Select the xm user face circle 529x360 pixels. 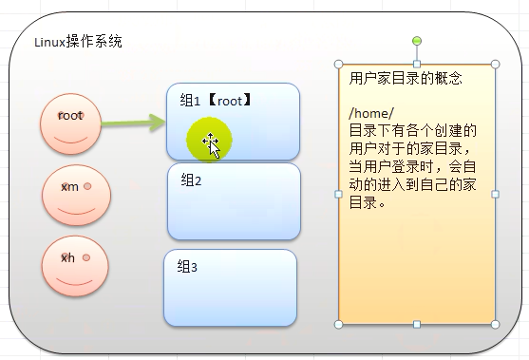(76, 195)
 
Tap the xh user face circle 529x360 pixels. (75, 266)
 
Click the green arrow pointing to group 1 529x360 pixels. (132, 123)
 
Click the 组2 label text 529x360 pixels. (192, 180)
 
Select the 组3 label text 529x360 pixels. (187, 267)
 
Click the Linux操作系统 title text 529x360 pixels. (78, 43)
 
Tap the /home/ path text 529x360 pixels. (370, 113)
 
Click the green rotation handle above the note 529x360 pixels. (417, 41)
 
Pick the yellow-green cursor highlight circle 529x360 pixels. (210, 142)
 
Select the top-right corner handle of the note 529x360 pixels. (494, 65)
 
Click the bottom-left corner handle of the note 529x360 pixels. (339, 325)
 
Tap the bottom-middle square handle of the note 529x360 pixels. (417, 325)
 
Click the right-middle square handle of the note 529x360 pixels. (495, 195)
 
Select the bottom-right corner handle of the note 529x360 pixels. (494, 325)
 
